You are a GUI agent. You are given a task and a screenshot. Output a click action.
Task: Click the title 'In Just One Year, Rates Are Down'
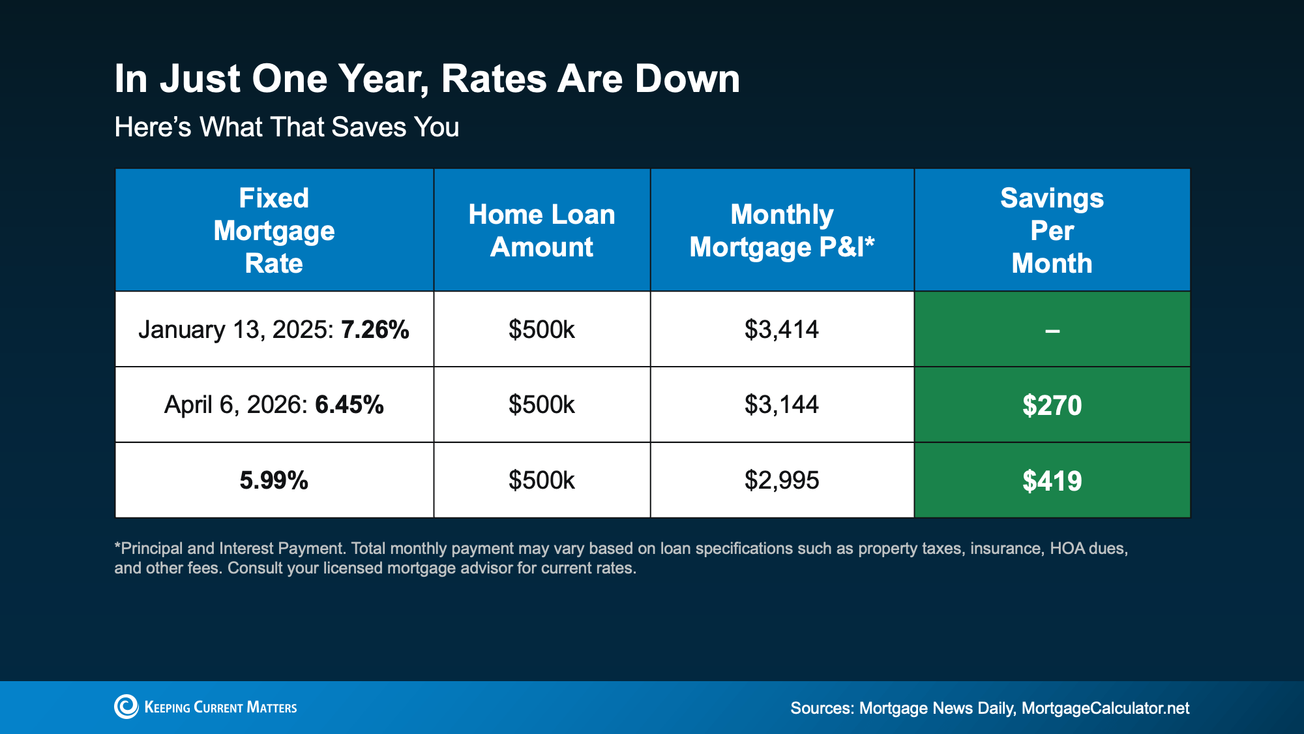tap(427, 79)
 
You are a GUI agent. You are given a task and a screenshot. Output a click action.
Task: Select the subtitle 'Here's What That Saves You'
tap(287, 127)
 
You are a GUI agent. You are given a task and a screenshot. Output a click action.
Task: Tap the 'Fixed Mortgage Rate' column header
tap(274, 230)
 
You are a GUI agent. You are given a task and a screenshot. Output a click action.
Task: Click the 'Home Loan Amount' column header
tap(542, 230)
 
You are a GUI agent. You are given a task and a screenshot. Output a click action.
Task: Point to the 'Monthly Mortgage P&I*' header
tap(782, 230)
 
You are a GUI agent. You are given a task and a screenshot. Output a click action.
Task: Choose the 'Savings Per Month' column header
tap(1052, 230)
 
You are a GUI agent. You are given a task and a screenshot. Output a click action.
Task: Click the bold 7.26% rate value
tap(375, 329)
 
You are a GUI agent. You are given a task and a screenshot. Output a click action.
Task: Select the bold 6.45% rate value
tap(349, 405)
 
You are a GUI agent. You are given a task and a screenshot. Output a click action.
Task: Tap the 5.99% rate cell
tap(274, 481)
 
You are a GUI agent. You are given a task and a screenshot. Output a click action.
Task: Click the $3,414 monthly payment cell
tap(782, 329)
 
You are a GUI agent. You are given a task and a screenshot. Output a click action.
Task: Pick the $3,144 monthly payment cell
tap(782, 405)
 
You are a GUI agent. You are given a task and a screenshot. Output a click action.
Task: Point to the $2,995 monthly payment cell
tap(782, 481)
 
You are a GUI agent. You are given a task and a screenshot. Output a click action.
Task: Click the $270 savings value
tap(1052, 406)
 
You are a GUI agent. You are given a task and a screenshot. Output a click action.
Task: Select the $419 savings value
tap(1052, 482)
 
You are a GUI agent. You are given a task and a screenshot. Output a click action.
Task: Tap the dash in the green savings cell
tap(1052, 331)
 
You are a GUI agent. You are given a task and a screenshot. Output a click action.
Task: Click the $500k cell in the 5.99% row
tap(542, 481)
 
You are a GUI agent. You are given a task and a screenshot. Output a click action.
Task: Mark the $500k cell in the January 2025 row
tap(542, 329)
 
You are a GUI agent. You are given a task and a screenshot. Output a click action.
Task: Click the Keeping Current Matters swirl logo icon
tap(126, 707)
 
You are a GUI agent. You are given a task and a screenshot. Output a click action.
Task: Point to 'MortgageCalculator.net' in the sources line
tap(1105, 709)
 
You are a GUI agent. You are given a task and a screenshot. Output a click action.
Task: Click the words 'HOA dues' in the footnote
tap(1088, 548)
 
